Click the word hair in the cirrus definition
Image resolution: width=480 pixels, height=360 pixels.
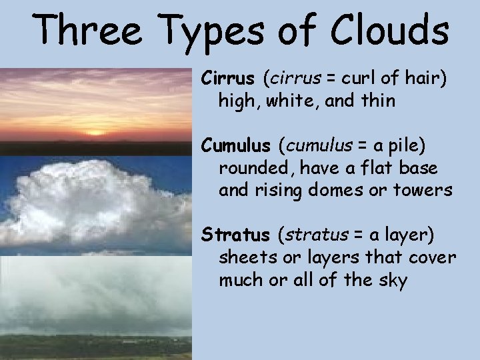point(427,79)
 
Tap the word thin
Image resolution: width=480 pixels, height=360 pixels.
point(377,101)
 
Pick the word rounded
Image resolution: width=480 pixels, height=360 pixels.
point(249,167)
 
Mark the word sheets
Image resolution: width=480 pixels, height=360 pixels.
point(245,258)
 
